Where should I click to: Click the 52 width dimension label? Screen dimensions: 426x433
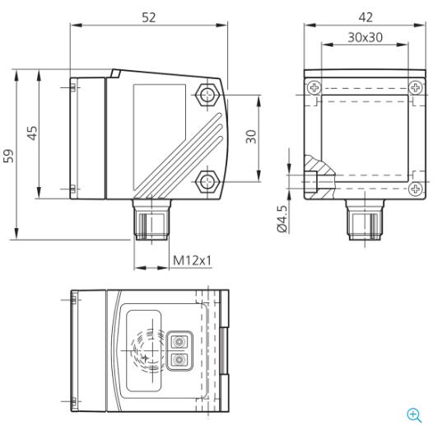148,16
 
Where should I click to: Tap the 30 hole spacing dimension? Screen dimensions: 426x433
252,135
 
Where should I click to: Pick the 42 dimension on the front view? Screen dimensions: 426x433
365,16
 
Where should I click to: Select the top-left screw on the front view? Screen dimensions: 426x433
313,87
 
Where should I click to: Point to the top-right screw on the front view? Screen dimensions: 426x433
416,87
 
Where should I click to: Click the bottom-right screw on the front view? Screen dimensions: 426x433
416,189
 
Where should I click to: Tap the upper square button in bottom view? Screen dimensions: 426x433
178,340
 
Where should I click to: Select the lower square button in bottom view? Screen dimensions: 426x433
178,359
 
